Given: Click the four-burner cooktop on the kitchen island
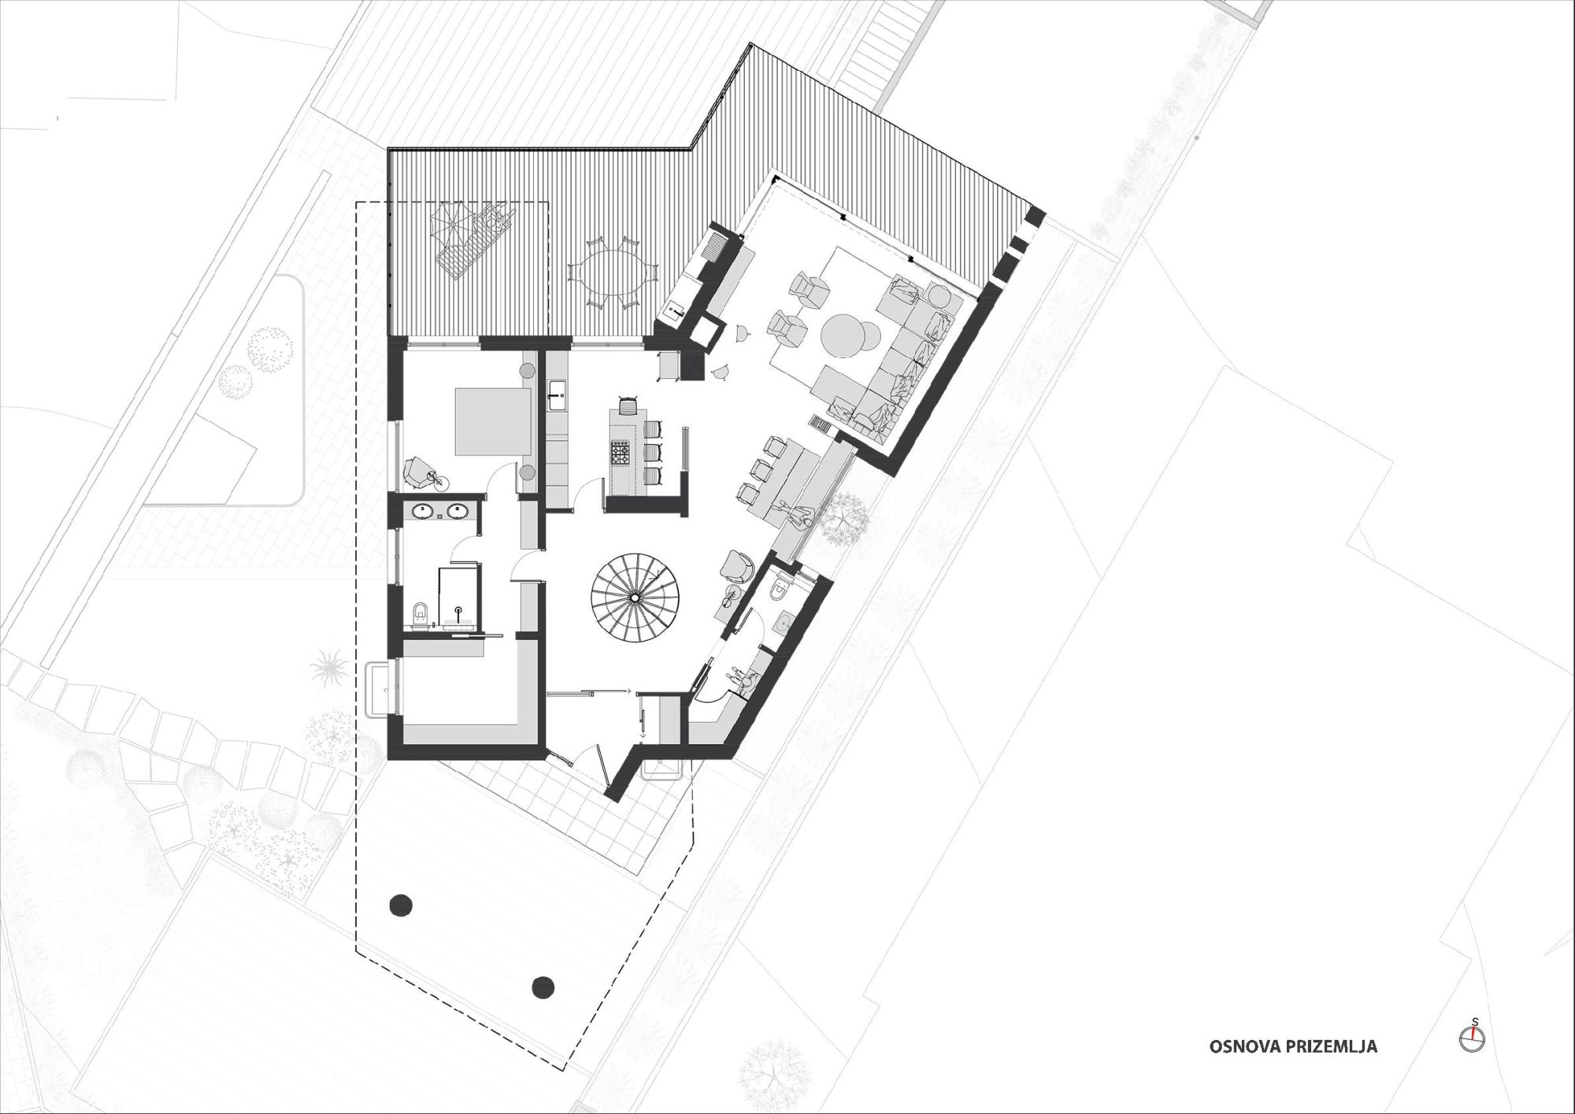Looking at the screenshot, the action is tap(620, 453).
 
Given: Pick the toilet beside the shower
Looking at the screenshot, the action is tap(421, 611).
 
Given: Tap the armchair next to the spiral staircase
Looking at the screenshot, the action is tap(739, 564).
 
